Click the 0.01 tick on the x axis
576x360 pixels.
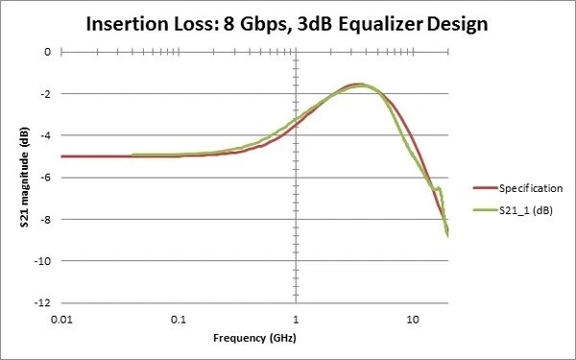coord(61,318)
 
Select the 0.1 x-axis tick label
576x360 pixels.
coord(178,318)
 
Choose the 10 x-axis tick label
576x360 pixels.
coord(411,318)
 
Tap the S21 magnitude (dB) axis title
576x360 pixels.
coord(12,178)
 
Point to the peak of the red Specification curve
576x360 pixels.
coord(357,84)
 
